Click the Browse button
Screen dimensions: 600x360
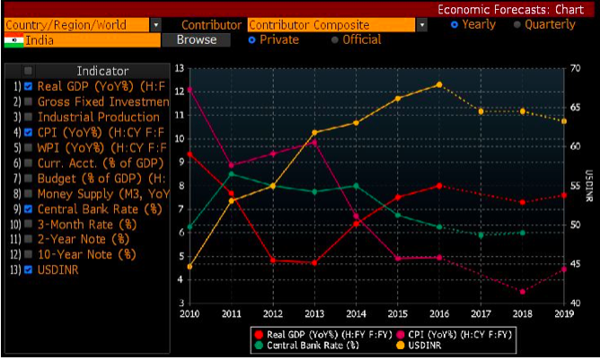(197, 40)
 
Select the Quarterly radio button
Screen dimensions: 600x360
(517, 25)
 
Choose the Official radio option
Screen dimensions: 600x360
(335, 40)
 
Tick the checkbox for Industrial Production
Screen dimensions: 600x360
(28, 117)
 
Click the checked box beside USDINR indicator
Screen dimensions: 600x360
(28, 269)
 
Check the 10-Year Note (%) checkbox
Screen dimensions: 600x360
(28, 254)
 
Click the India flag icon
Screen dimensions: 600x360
(13, 40)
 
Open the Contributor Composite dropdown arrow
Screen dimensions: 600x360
(421, 25)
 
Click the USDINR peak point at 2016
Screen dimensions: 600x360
(439, 84)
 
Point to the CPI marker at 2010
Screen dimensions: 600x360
(190, 90)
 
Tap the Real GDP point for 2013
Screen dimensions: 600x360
(314, 263)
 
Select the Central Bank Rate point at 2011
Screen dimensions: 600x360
(232, 174)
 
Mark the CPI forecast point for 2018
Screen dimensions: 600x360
(523, 292)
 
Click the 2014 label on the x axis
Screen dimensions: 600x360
(357, 314)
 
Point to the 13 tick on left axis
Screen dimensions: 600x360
(180, 68)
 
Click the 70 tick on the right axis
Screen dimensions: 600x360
(575, 68)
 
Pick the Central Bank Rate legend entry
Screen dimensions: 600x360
(308, 346)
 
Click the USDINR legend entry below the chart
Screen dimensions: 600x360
(419, 346)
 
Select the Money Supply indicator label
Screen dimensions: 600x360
(103, 194)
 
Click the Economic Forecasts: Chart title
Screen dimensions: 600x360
(511, 10)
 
